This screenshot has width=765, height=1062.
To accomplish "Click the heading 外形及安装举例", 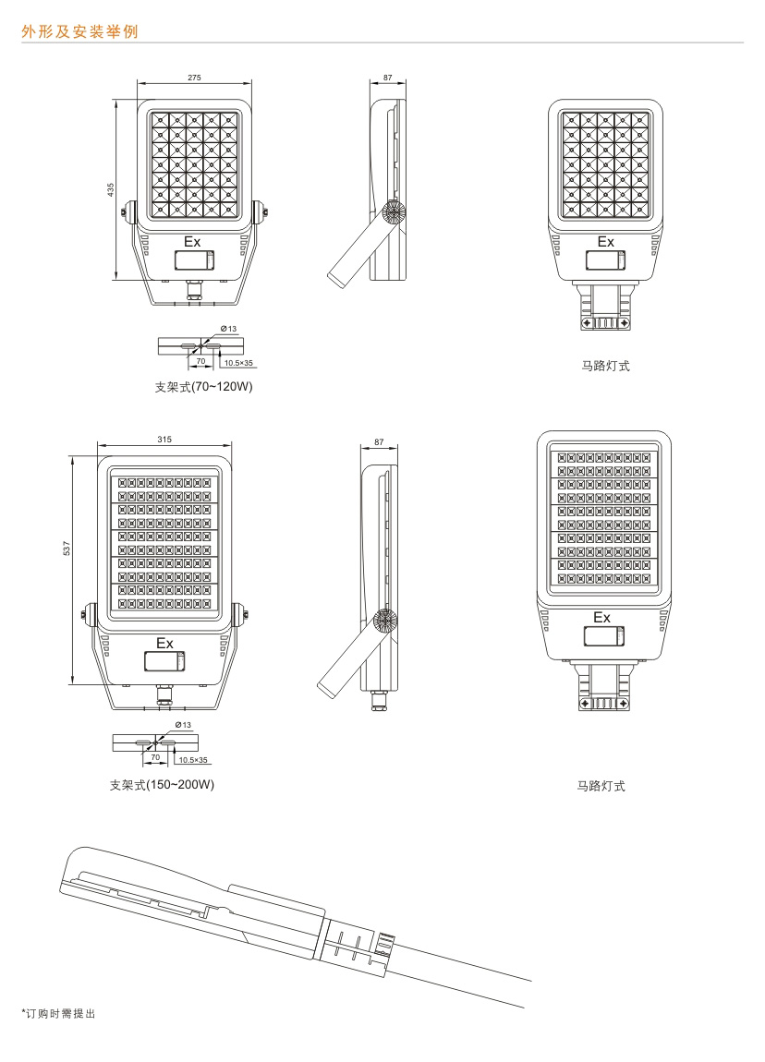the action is tap(79, 31).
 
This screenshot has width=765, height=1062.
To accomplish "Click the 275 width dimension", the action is tap(194, 78).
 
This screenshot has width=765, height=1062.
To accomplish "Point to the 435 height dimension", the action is tap(111, 190).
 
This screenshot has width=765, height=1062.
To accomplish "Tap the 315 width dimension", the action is tap(164, 440).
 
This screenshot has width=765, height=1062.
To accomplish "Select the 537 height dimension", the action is tap(67, 549).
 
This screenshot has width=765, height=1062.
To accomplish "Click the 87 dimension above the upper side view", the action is tap(388, 78).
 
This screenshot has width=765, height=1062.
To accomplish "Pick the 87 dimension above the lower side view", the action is tap(379, 442).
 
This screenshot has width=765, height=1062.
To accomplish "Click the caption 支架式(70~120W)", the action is tap(203, 388).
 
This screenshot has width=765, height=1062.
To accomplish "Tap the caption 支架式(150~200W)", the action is tap(162, 785).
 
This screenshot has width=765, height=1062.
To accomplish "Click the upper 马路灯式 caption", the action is tap(605, 366).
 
